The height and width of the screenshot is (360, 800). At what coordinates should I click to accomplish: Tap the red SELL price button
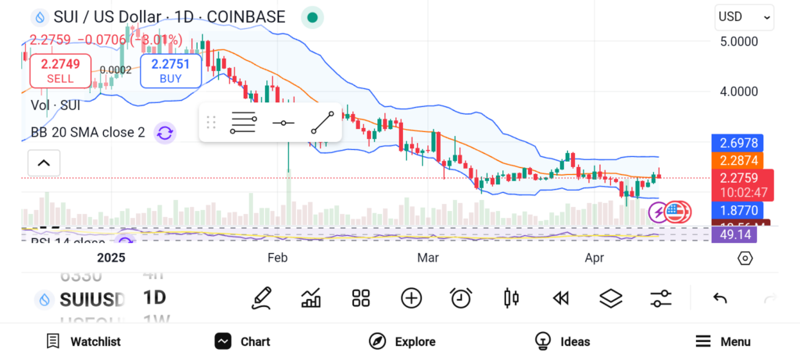tap(60, 70)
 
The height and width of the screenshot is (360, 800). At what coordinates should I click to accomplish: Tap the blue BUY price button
tap(170, 70)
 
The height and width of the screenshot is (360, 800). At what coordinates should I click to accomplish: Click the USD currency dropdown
tap(744, 16)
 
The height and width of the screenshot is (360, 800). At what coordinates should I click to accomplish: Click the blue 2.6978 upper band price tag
tap(737, 143)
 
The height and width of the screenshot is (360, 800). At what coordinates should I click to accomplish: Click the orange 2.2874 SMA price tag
tap(737, 160)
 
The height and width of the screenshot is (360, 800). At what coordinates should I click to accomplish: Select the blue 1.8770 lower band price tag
tap(737, 210)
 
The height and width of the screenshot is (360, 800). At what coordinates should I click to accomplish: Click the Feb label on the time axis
tap(277, 258)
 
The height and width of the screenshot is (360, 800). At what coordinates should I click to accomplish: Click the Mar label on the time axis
tap(427, 258)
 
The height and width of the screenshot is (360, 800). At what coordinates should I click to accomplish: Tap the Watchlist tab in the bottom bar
tap(84, 341)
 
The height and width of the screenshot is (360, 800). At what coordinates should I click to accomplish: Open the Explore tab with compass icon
tap(402, 341)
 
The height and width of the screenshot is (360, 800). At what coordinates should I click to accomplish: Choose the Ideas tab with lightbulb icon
tap(562, 341)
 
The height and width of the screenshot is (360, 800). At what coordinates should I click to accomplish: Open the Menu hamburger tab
tap(723, 341)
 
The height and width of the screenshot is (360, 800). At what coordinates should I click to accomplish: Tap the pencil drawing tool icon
tap(262, 298)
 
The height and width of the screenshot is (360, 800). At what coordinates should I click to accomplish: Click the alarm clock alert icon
tap(461, 298)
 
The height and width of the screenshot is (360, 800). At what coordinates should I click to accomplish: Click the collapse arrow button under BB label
tap(44, 163)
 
